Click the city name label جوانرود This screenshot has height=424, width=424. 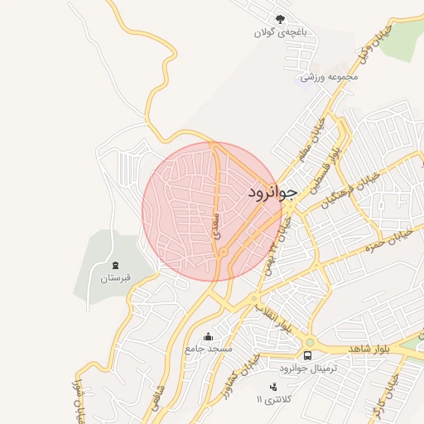(x=272, y=192)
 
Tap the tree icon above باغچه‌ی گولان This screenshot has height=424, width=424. (x=281, y=19)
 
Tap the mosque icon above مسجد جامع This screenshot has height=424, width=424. (x=208, y=336)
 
